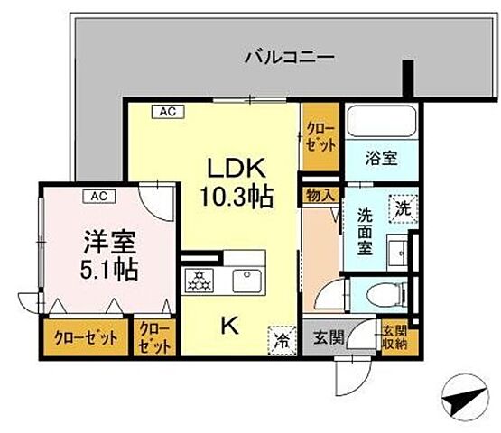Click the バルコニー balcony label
[x=290, y=57]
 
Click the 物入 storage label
[x=322, y=193]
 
